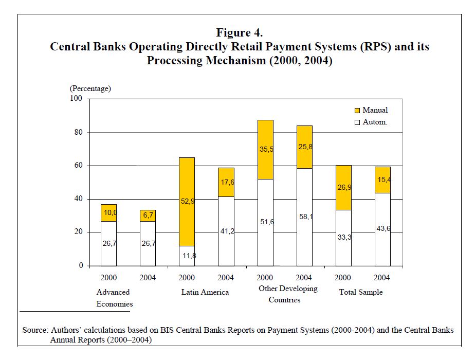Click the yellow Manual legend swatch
[357, 111]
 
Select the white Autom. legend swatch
[357, 122]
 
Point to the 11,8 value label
[187, 256]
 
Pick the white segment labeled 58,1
[304, 217]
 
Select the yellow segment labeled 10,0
[108, 212]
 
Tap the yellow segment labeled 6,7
[148, 215]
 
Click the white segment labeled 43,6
[382, 229]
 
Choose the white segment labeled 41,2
[226, 231]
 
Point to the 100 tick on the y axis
[77, 99]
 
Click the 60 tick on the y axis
[79, 166]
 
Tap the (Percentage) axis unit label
[90, 88]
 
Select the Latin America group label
[205, 292]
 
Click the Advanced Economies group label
[114, 298]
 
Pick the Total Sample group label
[361, 292]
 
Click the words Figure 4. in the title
[239, 32]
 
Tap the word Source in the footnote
[34, 330]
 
